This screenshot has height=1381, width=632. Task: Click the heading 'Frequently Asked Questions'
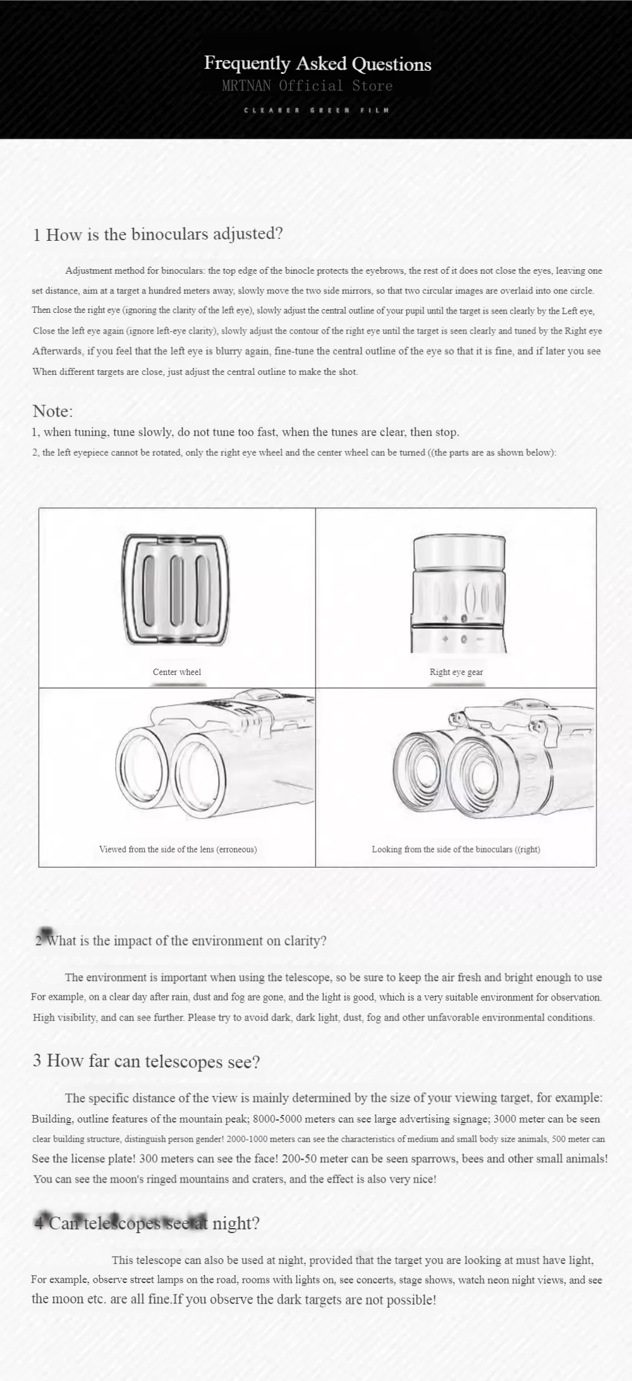[317, 63]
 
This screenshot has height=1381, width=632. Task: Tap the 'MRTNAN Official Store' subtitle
[307, 86]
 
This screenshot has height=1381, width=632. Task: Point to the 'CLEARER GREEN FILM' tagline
[317, 110]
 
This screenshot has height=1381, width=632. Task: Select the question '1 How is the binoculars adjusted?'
[158, 234]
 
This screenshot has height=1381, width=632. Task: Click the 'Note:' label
[52, 411]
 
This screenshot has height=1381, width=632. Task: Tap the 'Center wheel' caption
[177, 672]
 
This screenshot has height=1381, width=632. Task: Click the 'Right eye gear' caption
[456, 672]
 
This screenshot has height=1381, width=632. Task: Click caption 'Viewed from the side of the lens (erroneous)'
[178, 849]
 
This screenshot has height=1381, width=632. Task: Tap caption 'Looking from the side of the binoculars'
[456, 849]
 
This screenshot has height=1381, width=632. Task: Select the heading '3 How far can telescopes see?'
[146, 1061]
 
